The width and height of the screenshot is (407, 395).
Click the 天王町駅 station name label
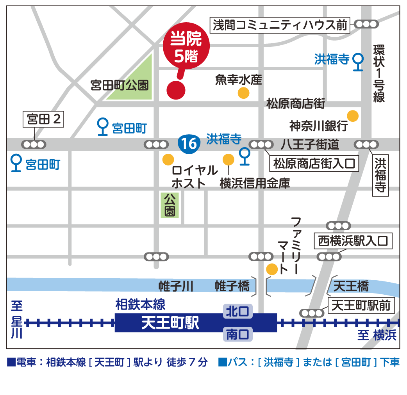pos(170,323)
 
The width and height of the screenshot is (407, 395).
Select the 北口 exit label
pos(238,311)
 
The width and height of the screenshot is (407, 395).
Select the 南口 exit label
pos(238,335)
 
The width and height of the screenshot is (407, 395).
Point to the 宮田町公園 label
pos(120,85)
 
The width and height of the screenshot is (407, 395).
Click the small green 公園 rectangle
pos(170,205)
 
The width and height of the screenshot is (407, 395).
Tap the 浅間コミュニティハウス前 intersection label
pos(280,25)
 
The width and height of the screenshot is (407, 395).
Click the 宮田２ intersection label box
pos(43,119)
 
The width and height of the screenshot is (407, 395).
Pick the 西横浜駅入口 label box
pos(352,241)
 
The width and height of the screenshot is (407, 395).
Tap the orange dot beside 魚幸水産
pos(243,93)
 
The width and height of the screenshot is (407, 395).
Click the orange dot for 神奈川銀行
pos(353,116)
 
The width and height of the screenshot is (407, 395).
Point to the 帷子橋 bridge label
pos(232,287)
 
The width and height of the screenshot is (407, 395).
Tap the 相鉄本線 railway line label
pos(140,304)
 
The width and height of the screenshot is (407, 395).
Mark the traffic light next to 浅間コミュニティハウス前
pos(366,24)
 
